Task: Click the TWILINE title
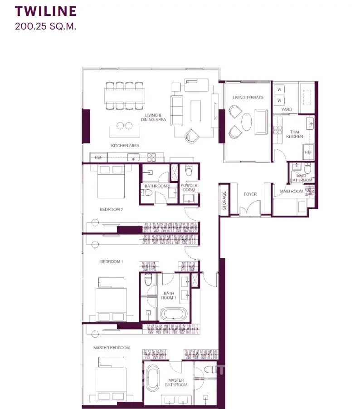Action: click(46, 11)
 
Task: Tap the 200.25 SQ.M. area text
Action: click(46, 26)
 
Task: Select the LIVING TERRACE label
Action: click(248, 98)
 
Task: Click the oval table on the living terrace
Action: click(247, 122)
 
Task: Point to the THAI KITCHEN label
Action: click(295, 134)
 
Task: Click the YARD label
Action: click(287, 109)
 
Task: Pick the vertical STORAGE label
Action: click(224, 200)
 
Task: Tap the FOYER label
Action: click(250, 194)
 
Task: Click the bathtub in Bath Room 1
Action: click(174, 314)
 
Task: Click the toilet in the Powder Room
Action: click(189, 171)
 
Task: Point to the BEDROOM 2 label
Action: click(111, 209)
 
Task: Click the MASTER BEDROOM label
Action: click(112, 348)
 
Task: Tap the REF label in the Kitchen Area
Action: click(98, 158)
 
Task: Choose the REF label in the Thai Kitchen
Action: click(308, 152)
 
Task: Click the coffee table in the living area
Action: click(195, 111)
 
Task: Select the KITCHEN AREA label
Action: click(125, 146)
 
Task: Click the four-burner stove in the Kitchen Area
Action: click(151, 157)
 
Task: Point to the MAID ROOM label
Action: click(291, 191)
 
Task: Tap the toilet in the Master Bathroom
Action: click(210, 370)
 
